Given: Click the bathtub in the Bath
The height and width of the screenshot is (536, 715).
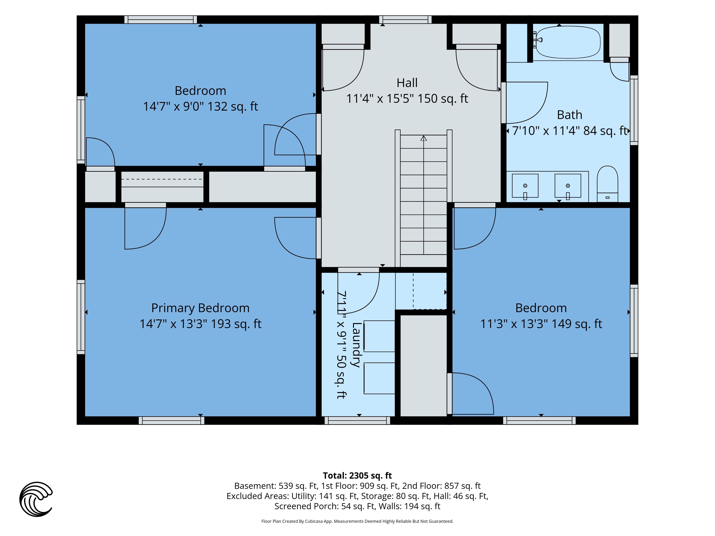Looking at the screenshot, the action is pos(568,42).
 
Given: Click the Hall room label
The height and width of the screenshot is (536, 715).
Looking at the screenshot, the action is pos(407,83).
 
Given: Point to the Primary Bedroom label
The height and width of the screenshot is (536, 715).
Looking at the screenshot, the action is pos(200,308).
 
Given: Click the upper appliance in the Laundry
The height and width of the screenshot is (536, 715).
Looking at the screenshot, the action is pos(379,336).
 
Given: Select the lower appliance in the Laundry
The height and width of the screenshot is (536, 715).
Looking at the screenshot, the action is pos(379,378).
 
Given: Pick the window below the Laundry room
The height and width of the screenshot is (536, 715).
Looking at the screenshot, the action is pos(357,420).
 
